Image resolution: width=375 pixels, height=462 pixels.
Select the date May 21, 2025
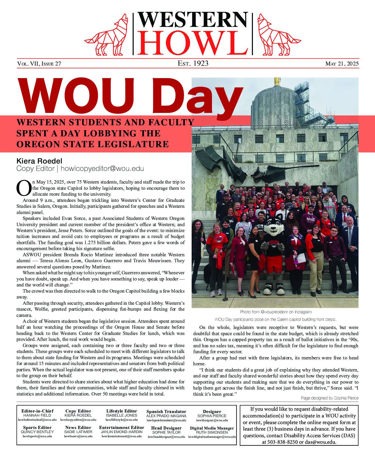tap(342, 64)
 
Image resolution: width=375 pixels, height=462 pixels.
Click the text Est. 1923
tap(193, 63)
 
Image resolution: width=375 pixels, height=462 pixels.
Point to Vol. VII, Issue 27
tap(39, 64)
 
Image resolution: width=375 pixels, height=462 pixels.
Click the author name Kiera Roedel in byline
tap(39, 161)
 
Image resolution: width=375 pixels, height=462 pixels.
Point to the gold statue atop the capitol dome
tap(277, 81)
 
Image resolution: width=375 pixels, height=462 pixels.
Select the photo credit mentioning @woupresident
tap(276, 312)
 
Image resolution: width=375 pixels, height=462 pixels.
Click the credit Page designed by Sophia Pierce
tap(329, 398)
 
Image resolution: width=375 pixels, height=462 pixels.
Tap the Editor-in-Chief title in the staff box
tap(37, 411)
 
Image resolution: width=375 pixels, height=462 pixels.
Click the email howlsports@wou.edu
tap(37, 436)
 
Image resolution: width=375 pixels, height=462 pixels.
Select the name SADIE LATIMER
tap(78, 432)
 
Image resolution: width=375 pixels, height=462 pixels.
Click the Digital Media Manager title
tap(212, 428)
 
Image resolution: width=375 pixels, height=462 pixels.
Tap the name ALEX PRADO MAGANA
tap(166, 416)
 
